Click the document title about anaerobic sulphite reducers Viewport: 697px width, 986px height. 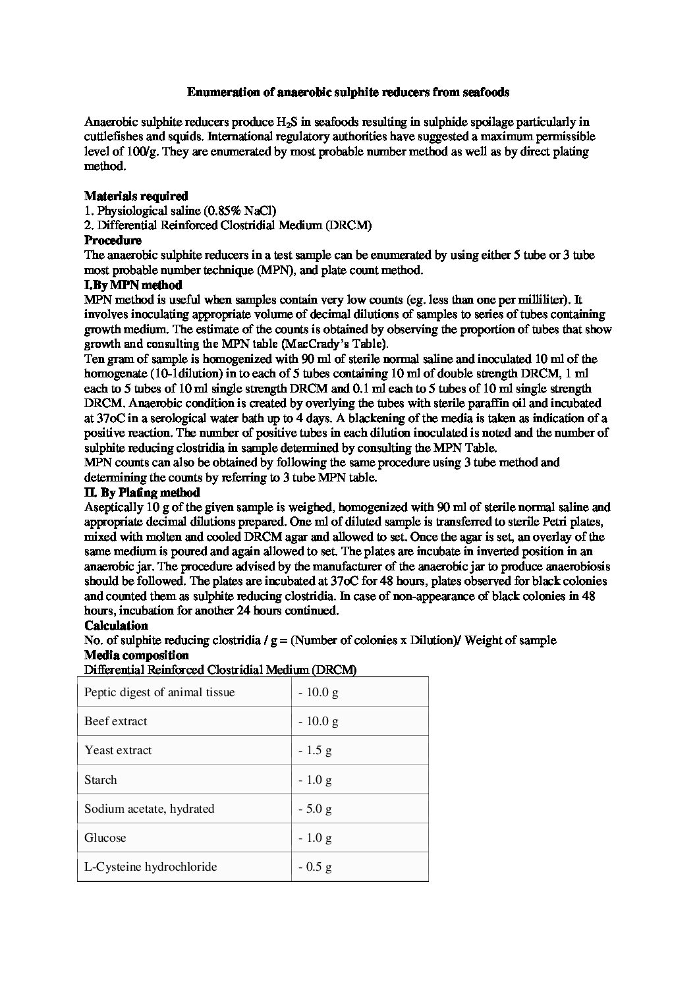click(x=348, y=92)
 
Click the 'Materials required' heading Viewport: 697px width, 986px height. click(x=136, y=196)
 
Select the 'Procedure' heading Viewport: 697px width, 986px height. click(x=113, y=240)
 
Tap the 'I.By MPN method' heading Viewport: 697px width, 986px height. click(x=133, y=285)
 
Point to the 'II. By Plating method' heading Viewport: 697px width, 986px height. click(x=142, y=492)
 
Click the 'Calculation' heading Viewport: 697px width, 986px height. click(x=116, y=625)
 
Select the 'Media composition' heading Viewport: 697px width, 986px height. click(x=136, y=655)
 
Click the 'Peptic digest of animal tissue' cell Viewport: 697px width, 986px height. click(x=159, y=692)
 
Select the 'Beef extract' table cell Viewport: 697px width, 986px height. click(x=116, y=721)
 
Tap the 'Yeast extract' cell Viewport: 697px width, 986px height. click(x=118, y=750)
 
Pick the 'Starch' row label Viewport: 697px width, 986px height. click(x=101, y=780)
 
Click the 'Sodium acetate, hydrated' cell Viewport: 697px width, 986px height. click(x=150, y=809)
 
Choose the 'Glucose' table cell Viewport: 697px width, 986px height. click(x=105, y=838)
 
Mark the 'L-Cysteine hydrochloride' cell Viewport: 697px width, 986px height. click(x=151, y=867)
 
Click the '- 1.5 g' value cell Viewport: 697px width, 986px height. click(x=315, y=750)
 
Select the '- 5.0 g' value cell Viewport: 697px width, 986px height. click(x=315, y=809)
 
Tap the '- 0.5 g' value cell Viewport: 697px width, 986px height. click(x=315, y=867)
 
